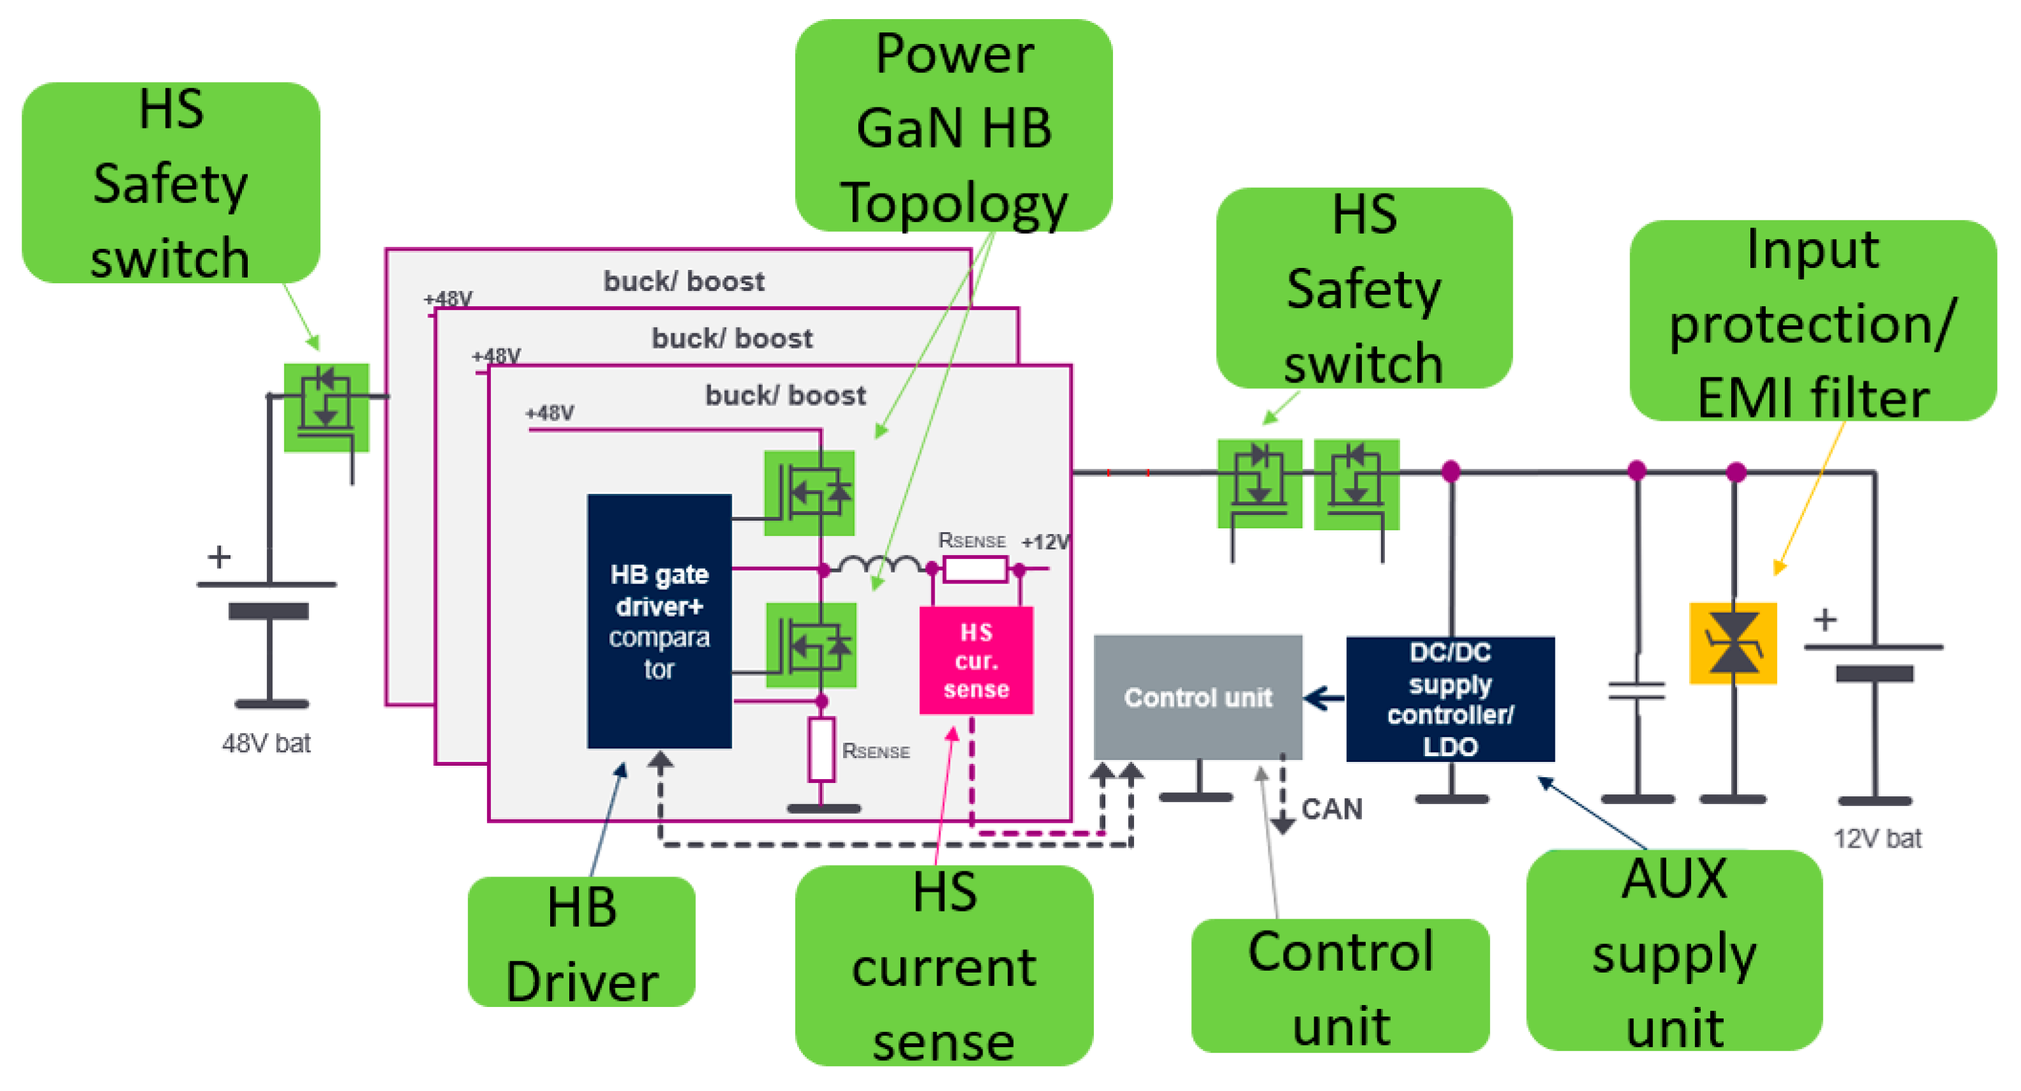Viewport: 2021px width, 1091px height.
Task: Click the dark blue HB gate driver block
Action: click(x=659, y=621)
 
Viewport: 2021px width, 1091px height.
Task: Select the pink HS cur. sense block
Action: click(x=976, y=661)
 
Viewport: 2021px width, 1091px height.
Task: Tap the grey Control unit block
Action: click(x=1197, y=696)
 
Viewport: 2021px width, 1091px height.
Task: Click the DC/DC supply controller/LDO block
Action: click(x=1450, y=698)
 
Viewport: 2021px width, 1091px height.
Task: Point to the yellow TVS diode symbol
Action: click(x=1733, y=643)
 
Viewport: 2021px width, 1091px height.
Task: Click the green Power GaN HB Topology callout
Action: click(x=953, y=125)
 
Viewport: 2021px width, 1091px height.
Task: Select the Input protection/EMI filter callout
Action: click(x=1812, y=321)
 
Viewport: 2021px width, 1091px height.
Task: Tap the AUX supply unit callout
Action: click(x=1673, y=950)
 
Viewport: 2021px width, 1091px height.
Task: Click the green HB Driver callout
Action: click(x=581, y=942)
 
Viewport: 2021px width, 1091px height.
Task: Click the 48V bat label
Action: click(x=266, y=743)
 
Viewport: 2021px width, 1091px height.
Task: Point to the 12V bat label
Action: click(x=1876, y=838)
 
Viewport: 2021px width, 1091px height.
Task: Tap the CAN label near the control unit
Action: click(x=1331, y=808)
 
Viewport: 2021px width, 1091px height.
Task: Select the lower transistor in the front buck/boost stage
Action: click(x=811, y=645)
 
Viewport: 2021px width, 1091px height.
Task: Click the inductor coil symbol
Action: click(x=879, y=564)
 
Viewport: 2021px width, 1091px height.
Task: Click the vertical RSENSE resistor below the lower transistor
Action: click(x=821, y=749)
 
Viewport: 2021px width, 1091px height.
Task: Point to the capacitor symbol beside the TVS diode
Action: click(x=1636, y=690)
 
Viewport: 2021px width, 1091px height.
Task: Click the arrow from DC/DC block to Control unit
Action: click(x=1324, y=697)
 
